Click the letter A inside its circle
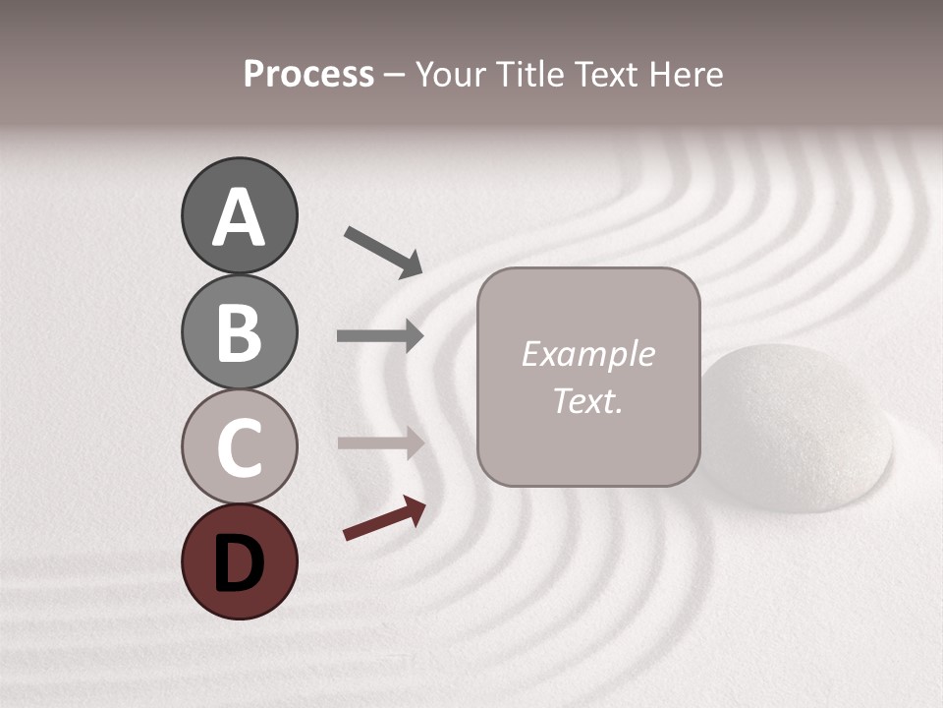[x=240, y=218]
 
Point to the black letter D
[x=240, y=563]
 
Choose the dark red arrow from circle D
[x=384, y=518]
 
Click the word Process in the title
[x=308, y=75]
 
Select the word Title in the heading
[x=530, y=75]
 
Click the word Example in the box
[x=587, y=355]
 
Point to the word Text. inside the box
[x=587, y=401]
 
